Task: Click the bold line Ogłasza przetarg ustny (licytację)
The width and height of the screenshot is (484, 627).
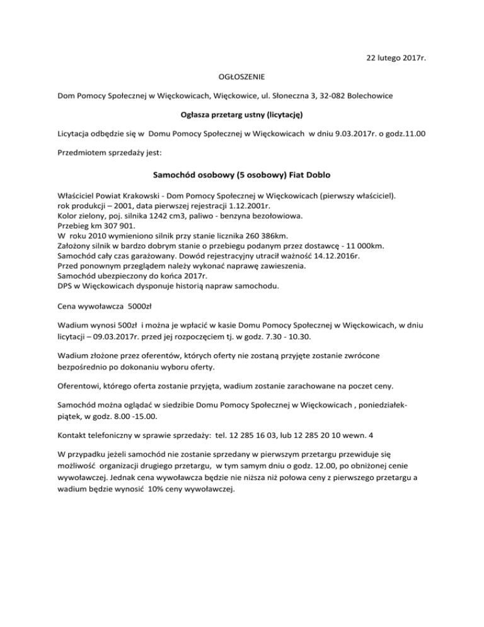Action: click(x=241, y=115)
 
